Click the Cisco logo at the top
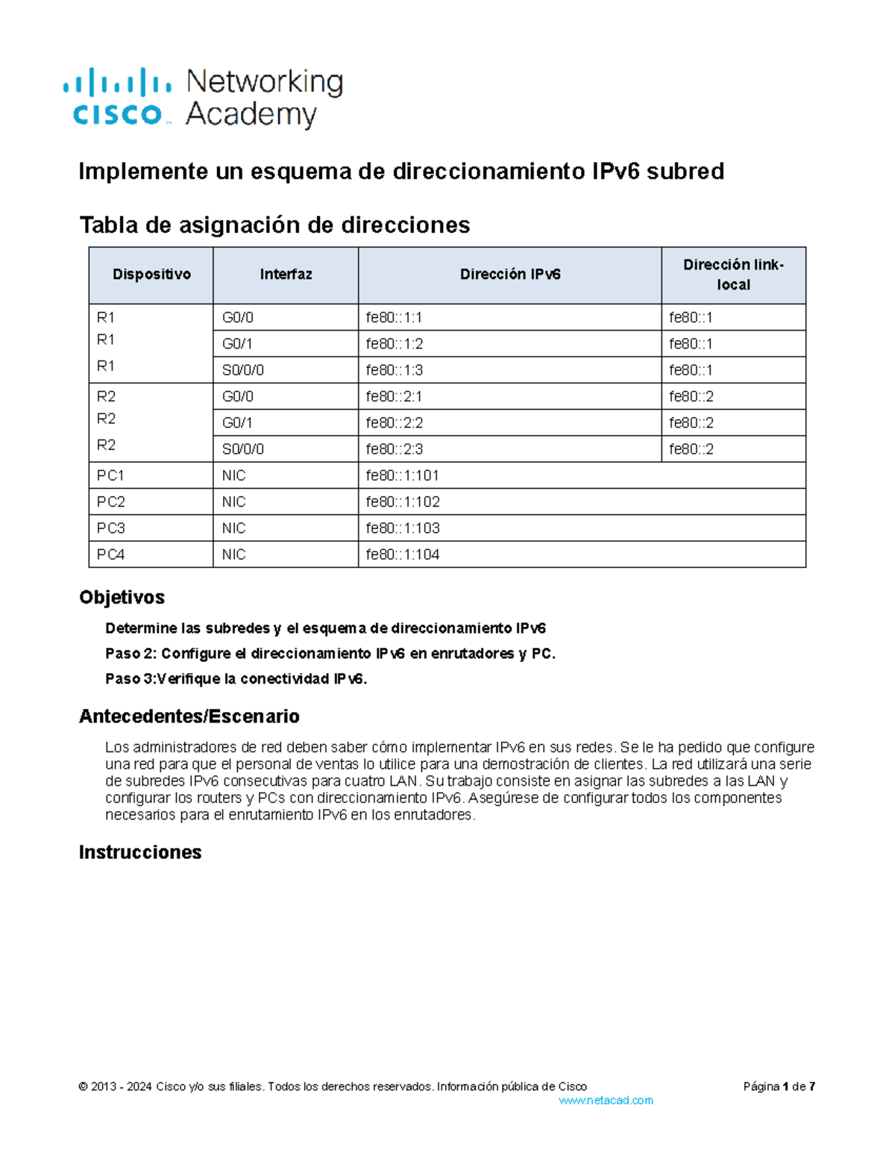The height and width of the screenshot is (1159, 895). coord(117,98)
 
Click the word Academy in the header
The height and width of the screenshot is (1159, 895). coord(251,115)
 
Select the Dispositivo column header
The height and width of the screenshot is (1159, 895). coord(151,275)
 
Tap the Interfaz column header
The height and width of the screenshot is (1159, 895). coord(286,275)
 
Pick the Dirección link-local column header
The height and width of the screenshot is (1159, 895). coord(733,275)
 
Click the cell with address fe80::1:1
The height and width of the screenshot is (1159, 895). coord(394,318)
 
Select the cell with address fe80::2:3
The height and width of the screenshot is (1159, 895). coord(394,449)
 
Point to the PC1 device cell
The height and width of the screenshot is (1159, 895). coord(110,475)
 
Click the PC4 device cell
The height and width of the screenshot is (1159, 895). coord(110,554)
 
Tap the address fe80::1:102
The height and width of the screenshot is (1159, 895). coord(403,502)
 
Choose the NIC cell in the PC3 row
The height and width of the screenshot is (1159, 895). coord(233,528)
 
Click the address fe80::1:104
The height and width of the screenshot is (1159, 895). coord(403,554)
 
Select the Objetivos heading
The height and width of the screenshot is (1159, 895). coord(122,597)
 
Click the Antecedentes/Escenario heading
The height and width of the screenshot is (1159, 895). coord(189,716)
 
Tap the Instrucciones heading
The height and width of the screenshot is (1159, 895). coord(140,852)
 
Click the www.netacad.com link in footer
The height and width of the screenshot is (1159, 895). coord(606,1101)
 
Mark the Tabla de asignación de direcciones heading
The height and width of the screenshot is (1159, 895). coord(274,225)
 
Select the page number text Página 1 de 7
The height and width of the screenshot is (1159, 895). coord(779,1087)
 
